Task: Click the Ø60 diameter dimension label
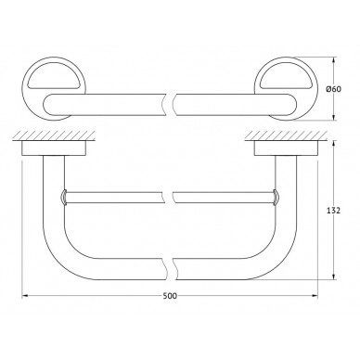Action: point(333,89)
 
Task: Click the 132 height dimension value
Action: point(334,211)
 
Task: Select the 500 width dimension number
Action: point(170,296)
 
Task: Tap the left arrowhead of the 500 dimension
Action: point(25,296)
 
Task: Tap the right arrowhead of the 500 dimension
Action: point(315,296)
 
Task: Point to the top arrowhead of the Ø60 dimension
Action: point(333,60)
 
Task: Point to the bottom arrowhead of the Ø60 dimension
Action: point(333,117)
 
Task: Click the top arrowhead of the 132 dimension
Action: point(333,145)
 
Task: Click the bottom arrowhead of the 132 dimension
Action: point(333,276)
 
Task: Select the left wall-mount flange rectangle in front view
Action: point(54,148)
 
